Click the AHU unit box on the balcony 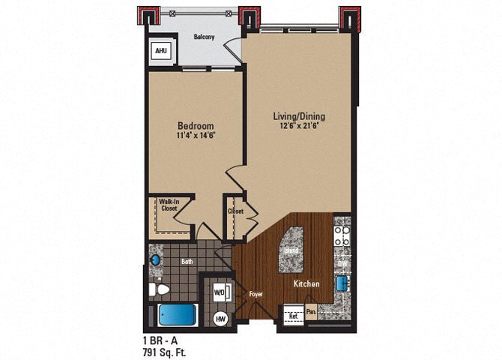tap(160, 51)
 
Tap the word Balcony tap(205, 36)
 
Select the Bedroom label tap(196, 125)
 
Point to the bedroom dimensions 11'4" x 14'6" tap(196, 136)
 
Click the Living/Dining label tap(300, 116)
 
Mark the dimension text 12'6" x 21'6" tap(300, 127)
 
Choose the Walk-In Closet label tap(168, 205)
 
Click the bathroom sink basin tap(156, 259)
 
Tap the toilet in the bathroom tap(159, 289)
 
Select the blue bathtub tap(178, 315)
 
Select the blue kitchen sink tap(341, 282)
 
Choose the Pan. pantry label tap(310, 309)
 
